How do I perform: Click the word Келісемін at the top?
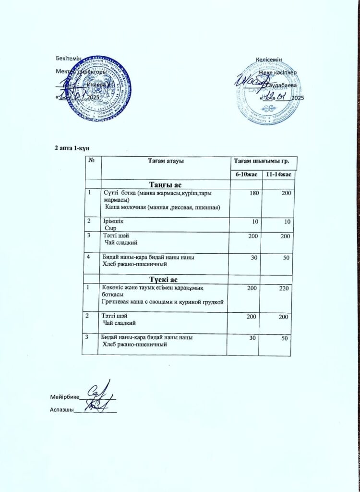point(268,59)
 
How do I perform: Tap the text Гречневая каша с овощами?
point(139,301)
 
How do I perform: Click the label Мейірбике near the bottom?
point(64,397)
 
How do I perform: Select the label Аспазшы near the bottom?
point(61,410)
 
